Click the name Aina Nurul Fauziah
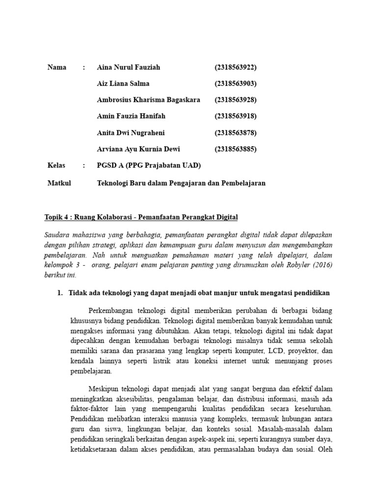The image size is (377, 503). [x=129, y=67]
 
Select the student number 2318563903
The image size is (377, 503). [x=236, y=84]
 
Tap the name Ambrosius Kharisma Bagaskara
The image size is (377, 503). [x=149, y=100]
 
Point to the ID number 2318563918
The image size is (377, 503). [x=236, y=116]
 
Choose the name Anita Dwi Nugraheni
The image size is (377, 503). [x=131, y=133]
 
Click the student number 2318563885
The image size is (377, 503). [x=236, y=149]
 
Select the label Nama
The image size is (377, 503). [x=57, y=67]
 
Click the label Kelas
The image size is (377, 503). [x=56, y=166]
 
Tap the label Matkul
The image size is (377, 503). [x=59, y=183]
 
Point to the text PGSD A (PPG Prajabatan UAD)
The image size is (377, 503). [x=149, y=166]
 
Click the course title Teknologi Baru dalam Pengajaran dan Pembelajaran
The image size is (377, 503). [x=181, y=183]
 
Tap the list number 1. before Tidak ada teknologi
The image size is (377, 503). [x=60, y=293]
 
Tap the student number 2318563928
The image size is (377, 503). [x=236, y=100]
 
